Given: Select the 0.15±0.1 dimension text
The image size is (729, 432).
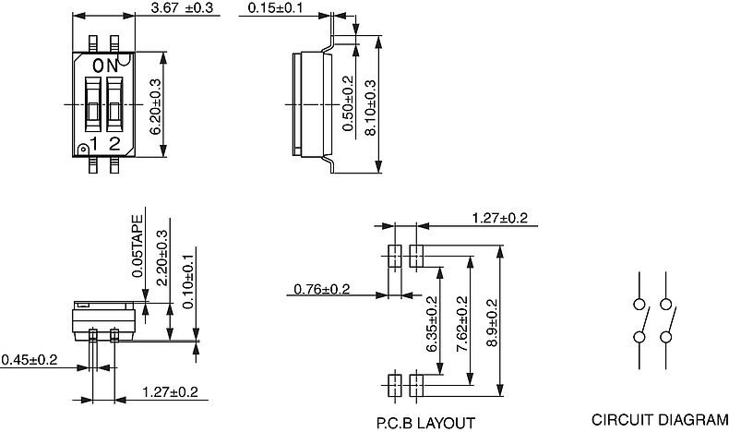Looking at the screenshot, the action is [275, 8].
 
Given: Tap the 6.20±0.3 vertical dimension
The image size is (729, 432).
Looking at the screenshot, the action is [155, 106].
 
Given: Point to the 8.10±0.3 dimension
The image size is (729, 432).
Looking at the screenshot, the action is [370, 108].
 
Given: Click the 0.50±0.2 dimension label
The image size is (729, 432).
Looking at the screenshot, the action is [348, 103].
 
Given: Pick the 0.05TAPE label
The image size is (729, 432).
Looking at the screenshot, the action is [137, 246].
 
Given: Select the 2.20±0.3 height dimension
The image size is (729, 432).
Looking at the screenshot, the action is [162, 258].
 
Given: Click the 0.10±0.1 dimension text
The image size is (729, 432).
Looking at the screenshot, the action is [188, 281].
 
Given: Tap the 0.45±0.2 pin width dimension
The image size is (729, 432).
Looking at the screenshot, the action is [29, 359].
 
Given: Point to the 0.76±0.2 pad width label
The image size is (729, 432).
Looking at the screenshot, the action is [321, 289].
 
